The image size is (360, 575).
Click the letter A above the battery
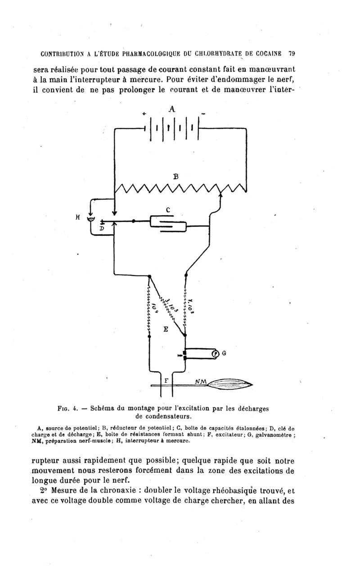tap(172, 109)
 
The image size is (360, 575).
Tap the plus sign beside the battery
tap(144, 114)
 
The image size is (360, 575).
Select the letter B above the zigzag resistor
tap(176, 177)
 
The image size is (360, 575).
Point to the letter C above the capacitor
tap(168, 210)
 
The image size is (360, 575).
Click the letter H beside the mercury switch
tap(78, 217)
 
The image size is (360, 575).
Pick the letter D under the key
tap(102, 228)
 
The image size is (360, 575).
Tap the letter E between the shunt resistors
tap(166, 329)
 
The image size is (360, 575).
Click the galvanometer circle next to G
tap(215, 354)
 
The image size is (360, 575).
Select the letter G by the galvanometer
tap(224, 353)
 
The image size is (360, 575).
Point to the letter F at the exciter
tap(166, 380)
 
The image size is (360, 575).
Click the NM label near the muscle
tap(201, 382)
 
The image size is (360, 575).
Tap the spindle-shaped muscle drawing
tap(230, 385)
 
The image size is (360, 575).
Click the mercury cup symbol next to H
tap(90, 220)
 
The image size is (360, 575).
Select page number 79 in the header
tap(292, 54)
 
